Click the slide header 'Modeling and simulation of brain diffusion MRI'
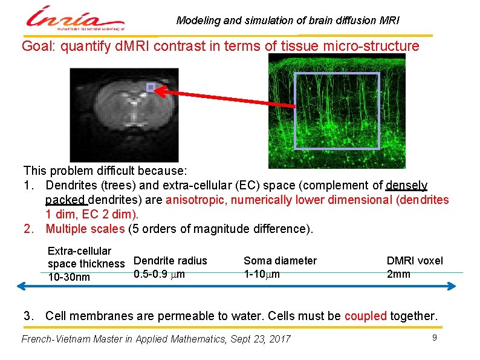288,21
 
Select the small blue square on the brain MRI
151,87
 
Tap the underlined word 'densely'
407,185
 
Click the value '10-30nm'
69,277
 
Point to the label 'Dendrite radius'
170,261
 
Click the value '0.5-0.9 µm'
160,274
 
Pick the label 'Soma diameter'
280,261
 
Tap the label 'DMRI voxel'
415,261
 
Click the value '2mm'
398,274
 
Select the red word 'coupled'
366,316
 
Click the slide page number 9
434,336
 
